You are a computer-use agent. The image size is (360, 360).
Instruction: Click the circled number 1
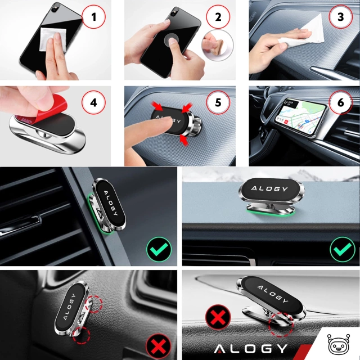click(94, 18)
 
